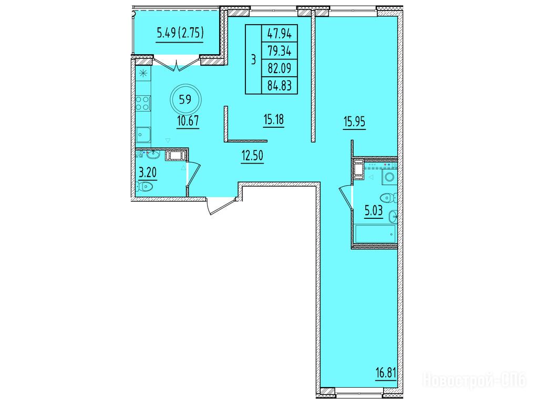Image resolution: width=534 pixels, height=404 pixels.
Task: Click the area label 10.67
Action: pyautogui.click(x=188, y=120)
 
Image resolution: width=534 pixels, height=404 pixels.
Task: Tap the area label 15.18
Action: pyautogui.click(x=273, y=119)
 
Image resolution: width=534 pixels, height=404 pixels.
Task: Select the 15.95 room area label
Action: pyautogui.click(x=355, y=122)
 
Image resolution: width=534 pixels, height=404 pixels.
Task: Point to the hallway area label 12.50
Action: pyautogui.click(x=252, y=156)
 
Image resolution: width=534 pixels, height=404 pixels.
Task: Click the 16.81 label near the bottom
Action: pyautogui.click(x=386, y=373)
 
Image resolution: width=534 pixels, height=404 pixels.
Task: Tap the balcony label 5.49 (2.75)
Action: pyautogui.click(x=180, y=33)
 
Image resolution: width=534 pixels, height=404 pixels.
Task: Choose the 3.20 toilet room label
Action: pyautogui.click(x=148, y=173)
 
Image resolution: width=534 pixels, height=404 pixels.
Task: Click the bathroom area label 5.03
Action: pyautogui.click(x=374, y=211)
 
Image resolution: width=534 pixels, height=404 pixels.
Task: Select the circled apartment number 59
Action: pyautogui.click(x=185, y=99)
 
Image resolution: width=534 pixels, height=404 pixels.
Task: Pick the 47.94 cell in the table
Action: pyautogui.click(x=279, y=34)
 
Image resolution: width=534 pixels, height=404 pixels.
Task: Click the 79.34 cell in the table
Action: pyautogui.click(x=279, y=51)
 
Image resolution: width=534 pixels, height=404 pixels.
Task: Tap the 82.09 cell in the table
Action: pyautogui.click(x=279, y=68)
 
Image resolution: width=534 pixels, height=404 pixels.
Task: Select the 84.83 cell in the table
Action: pyautogui.click(x=279, y=85)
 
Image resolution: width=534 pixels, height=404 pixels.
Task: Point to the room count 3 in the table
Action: pyautogui.click(x=253, y=59)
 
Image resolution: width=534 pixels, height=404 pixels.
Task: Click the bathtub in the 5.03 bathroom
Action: pyautogui.click(x=375, y=234)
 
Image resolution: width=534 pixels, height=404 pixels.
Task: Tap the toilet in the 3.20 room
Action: pyautogui.click(x=145, y=187)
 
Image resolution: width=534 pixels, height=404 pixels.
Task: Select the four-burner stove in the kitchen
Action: pyautogui.click(x=142, y=103)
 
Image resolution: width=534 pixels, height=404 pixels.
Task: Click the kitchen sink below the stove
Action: pyautogui.click(x=143, y=134)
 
